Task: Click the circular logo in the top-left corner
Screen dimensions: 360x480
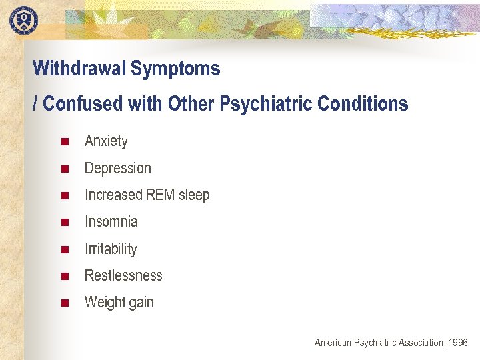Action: pyautogui.click(x=23, y=19)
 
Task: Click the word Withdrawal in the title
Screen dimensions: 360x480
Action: pyautogui.click(x=79, y=69)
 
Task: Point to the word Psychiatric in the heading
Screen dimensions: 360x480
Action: pyautogui.click(x=271, y=104)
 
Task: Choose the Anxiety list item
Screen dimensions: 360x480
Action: pyautogui.click(x=106, y=141)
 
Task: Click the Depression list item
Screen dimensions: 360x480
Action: pyautogui.click(x=118, y=168)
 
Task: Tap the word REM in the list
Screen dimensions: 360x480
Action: pyautogui.click(x=160, y=195)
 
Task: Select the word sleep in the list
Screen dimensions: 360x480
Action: pyautogui.click(x=193, y=195)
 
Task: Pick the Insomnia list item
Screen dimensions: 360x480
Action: pyautogui.click(x=111, y=222)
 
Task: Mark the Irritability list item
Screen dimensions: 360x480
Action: pyautogui.click(x=111, y=249)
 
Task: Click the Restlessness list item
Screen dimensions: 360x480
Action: pyautogui.click(x=123, y=276)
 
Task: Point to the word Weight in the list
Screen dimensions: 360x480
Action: pyautogui.click(x=104, y=303)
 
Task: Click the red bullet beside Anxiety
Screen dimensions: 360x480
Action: pyautogui.click(x=65, y=141)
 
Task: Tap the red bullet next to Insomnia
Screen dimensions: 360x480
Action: pyautogui.click(x=65, y=222)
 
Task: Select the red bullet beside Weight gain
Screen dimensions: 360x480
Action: pyautogui.click(x=65, y=303)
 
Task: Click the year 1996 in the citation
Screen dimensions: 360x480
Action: pyautogui.click(x=458, y=343)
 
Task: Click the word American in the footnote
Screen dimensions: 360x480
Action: pyautogui.click(x=333, y=343)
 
